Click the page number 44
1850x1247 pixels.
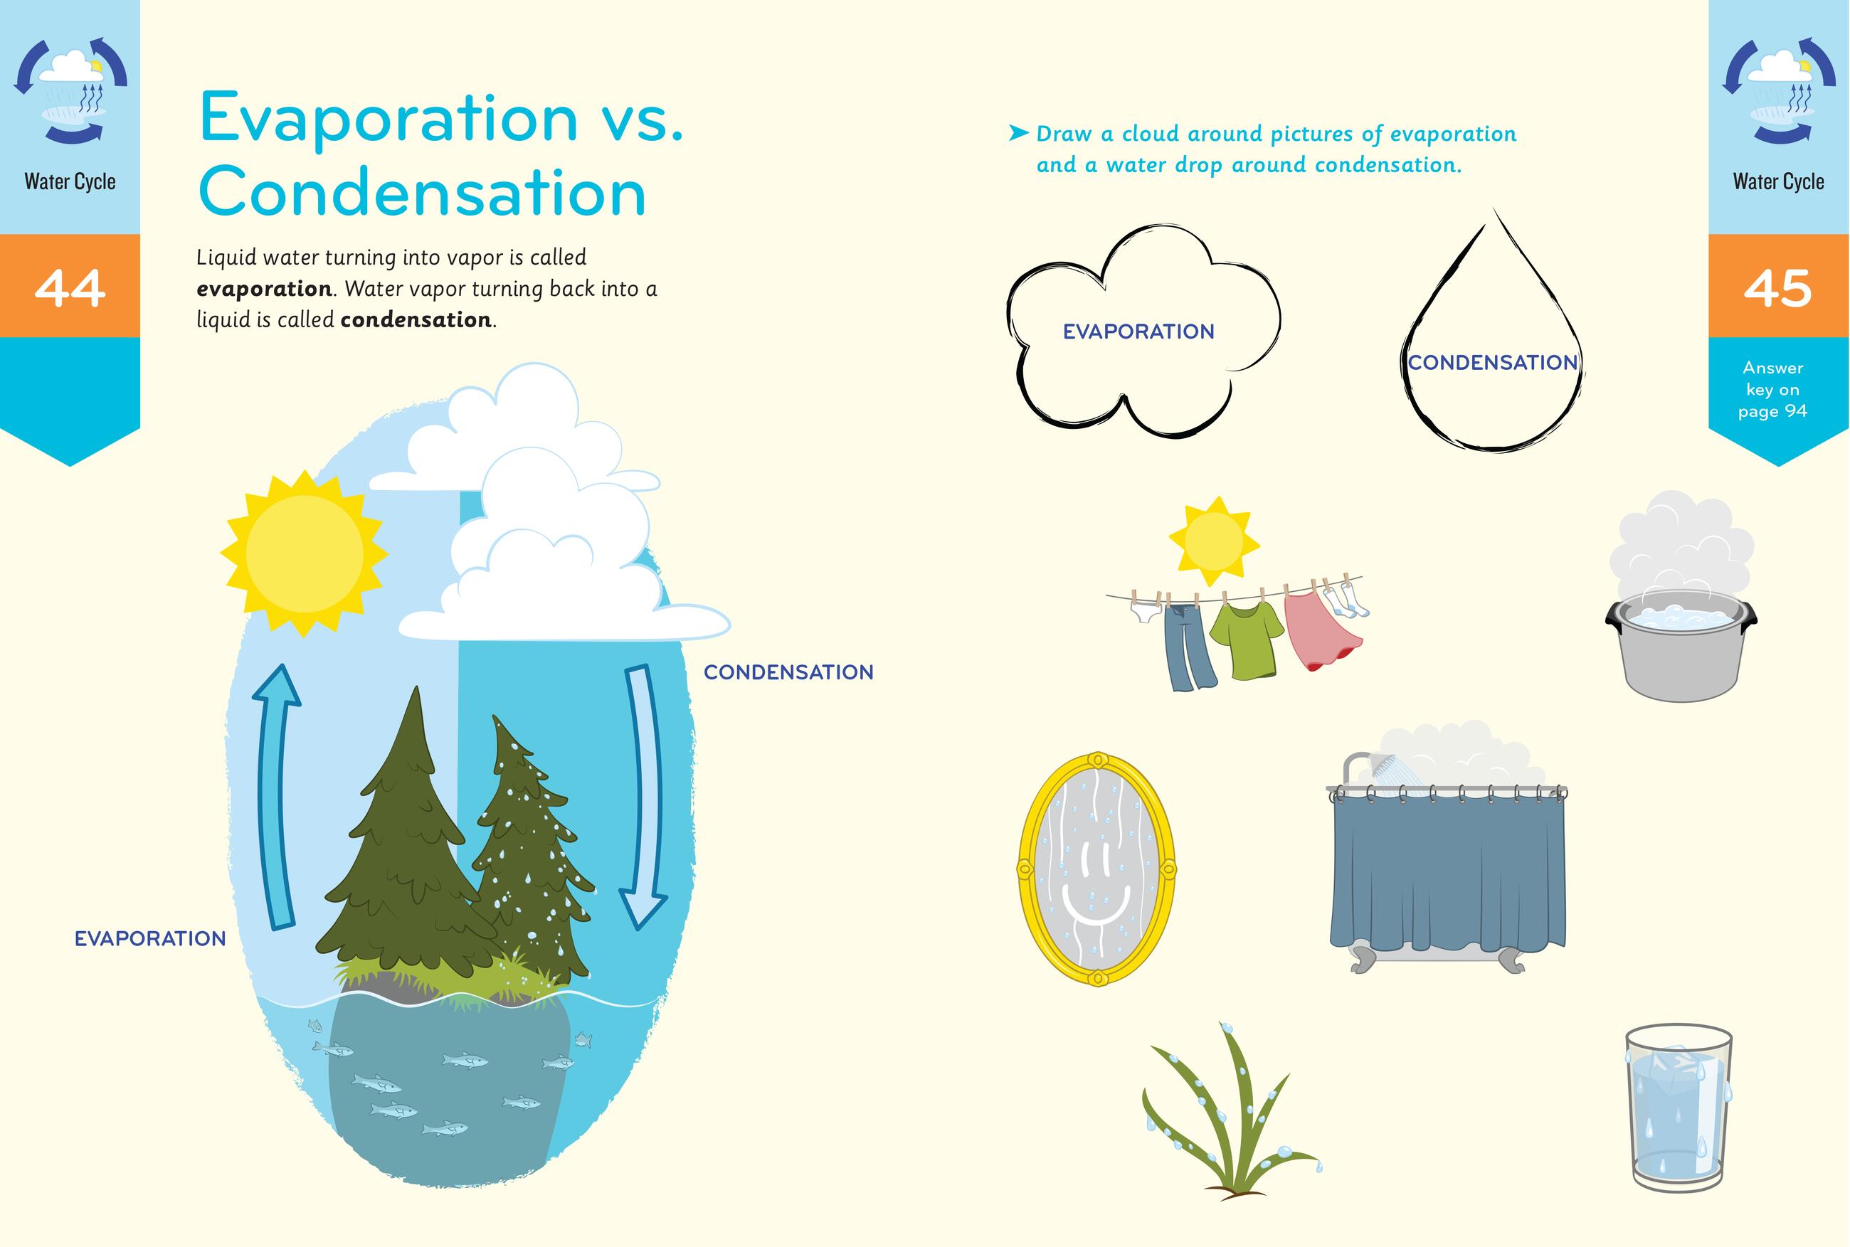click(x=70, y=287)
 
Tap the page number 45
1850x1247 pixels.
click(x=1777, y=287)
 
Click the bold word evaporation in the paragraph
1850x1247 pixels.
click(x=264, y=289)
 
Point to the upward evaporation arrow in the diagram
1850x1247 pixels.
click(x=275, y=795)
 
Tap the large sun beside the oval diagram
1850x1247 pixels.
click(x=304, y=554)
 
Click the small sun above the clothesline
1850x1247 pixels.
click(x=1213, y=541)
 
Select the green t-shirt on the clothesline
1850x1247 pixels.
click(x=1244, y=640)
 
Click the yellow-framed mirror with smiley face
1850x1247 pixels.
click(x=1096, y=869)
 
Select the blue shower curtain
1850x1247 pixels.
click(x=1447, y=875)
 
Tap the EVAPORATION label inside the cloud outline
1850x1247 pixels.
click(x=1138, y=331)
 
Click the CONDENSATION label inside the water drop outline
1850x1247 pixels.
click(x=1492, y=363)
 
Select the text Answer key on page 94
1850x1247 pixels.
click(x=1773, y=390)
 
